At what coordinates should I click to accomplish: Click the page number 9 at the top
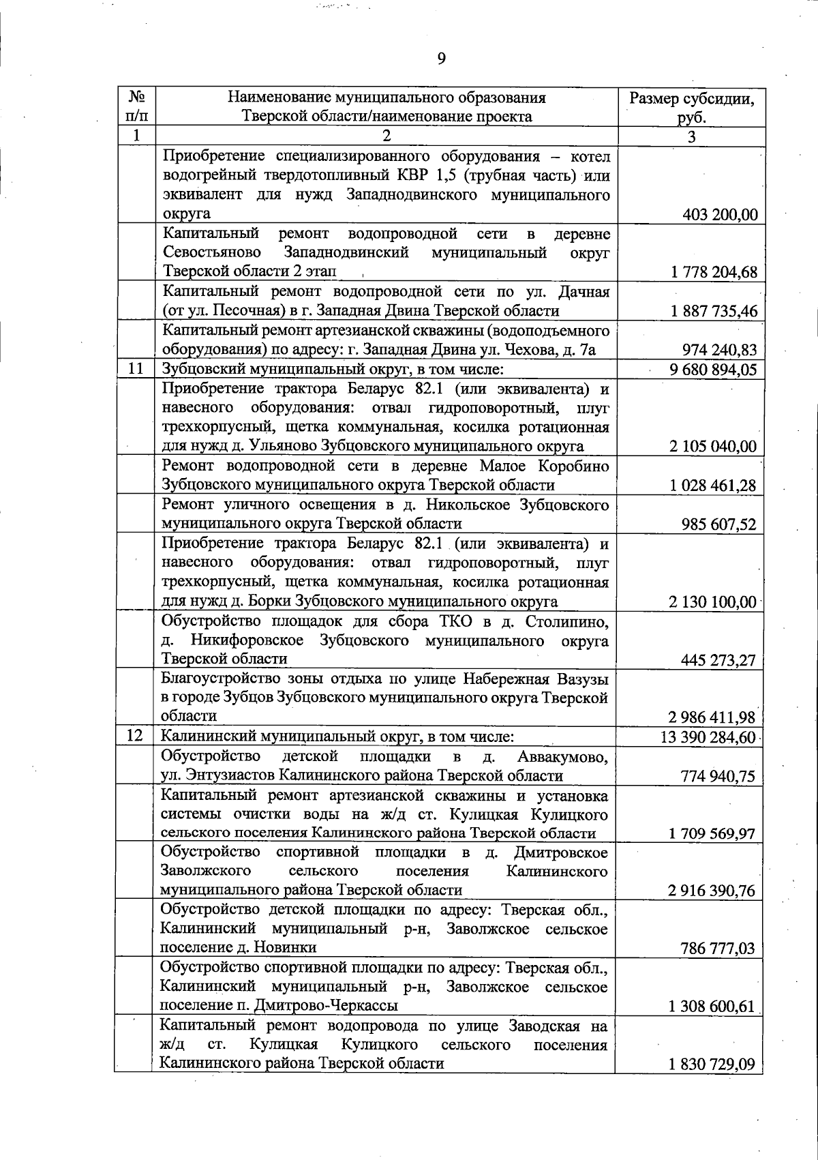pyautogui.click(x=441, y=59)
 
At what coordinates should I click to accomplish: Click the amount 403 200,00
pyautogui.click(x=720, y=215)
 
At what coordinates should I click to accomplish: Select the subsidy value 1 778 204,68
pyautogui.click(x=714, y=273)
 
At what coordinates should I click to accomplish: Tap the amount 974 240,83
pyautogui.click(x=720, y=351)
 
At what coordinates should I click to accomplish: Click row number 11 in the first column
pyautogui.click(x=136, y=369)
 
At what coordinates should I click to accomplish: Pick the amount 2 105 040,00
pyautogui.click(x=714, y=447)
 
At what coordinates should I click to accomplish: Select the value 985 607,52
pyautogui.click(x=719, y=524)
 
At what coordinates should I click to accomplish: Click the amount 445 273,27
pyautogui.click(x=719, y=660)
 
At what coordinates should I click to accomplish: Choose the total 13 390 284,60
pyautogui.click(x=709, y=737)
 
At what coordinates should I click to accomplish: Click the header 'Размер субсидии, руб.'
pyautogui.click(x=691, y=106)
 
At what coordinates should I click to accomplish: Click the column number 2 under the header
pyautogui.click(x=387, y=136)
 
